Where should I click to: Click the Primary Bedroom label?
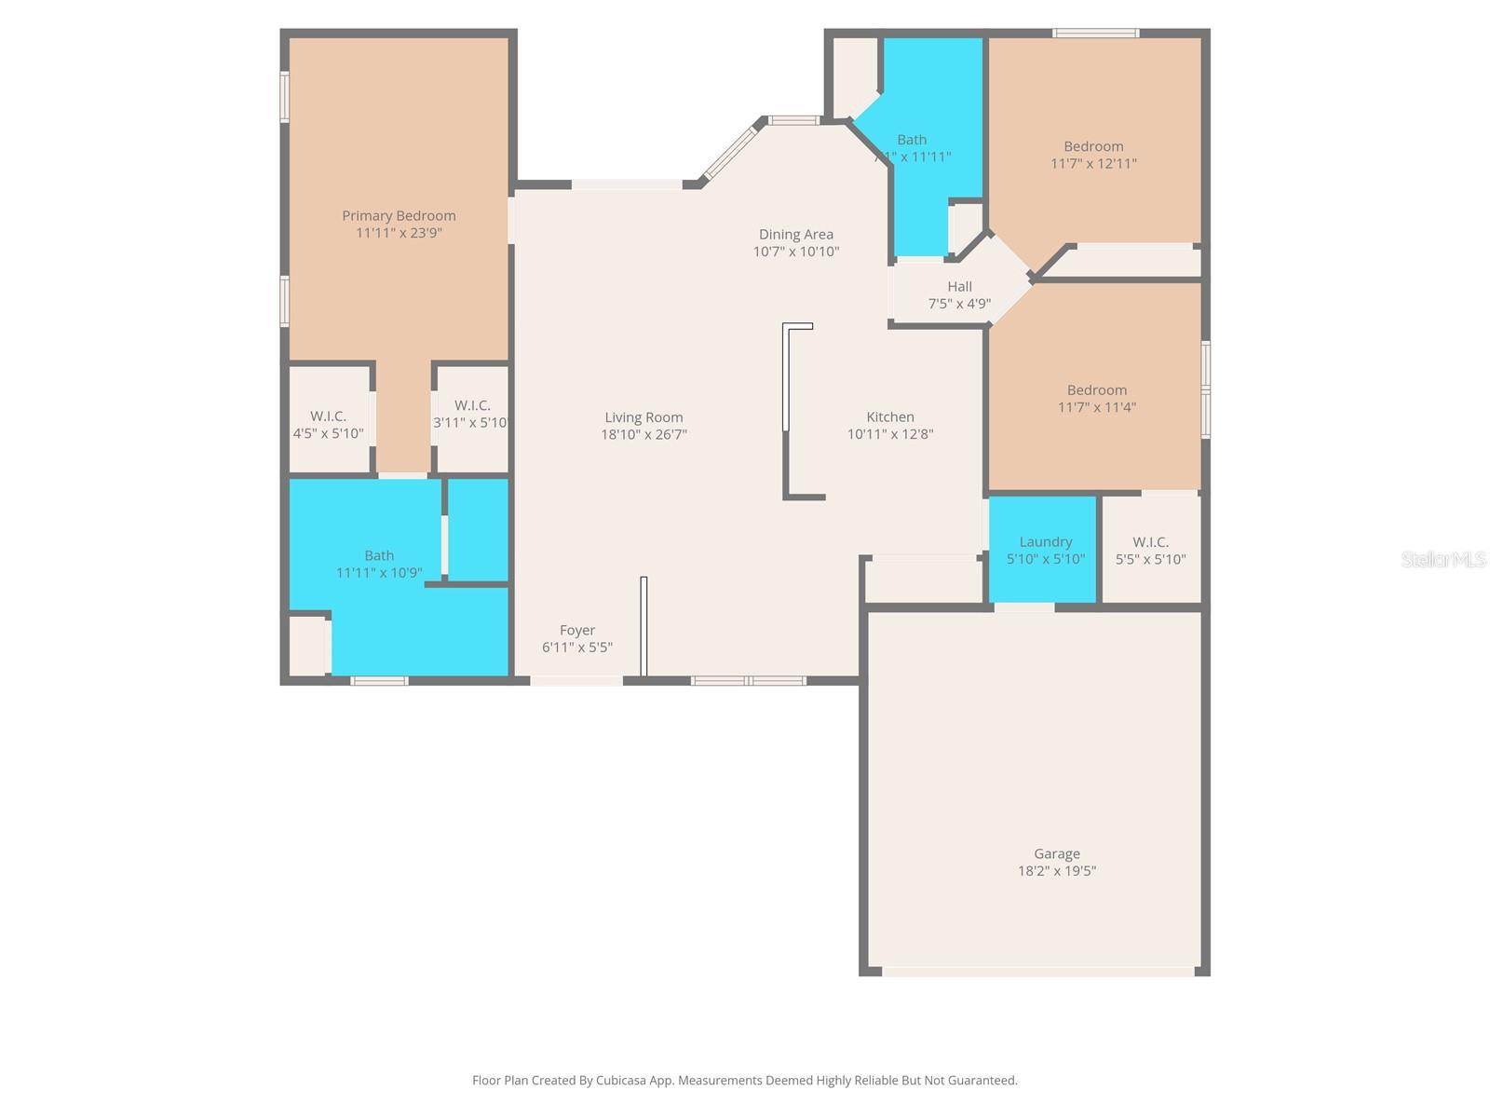(399, 216)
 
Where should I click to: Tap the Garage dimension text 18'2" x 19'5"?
(1056, 871)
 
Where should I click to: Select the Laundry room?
(1045, 550)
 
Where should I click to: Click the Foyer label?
(577, 631)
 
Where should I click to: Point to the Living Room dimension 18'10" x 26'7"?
(643, 434)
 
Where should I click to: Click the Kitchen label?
(890, 417)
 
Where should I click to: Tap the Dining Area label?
(795, 235)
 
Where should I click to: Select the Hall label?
(959, 287)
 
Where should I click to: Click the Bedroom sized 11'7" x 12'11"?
(1093, 155)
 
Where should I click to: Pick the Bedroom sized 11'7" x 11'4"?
(1096, 399)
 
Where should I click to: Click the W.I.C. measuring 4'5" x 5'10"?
(328, 425)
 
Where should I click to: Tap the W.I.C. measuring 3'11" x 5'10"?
(472, 414)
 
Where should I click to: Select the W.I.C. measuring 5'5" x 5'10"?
(1150, 550)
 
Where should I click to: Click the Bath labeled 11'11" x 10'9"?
(378, 564)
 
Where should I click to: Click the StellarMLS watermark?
(1443, 559)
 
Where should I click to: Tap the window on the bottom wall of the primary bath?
(379, 680)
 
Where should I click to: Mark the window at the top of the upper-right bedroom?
(1095, 34)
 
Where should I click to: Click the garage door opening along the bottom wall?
(1037, 971)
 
